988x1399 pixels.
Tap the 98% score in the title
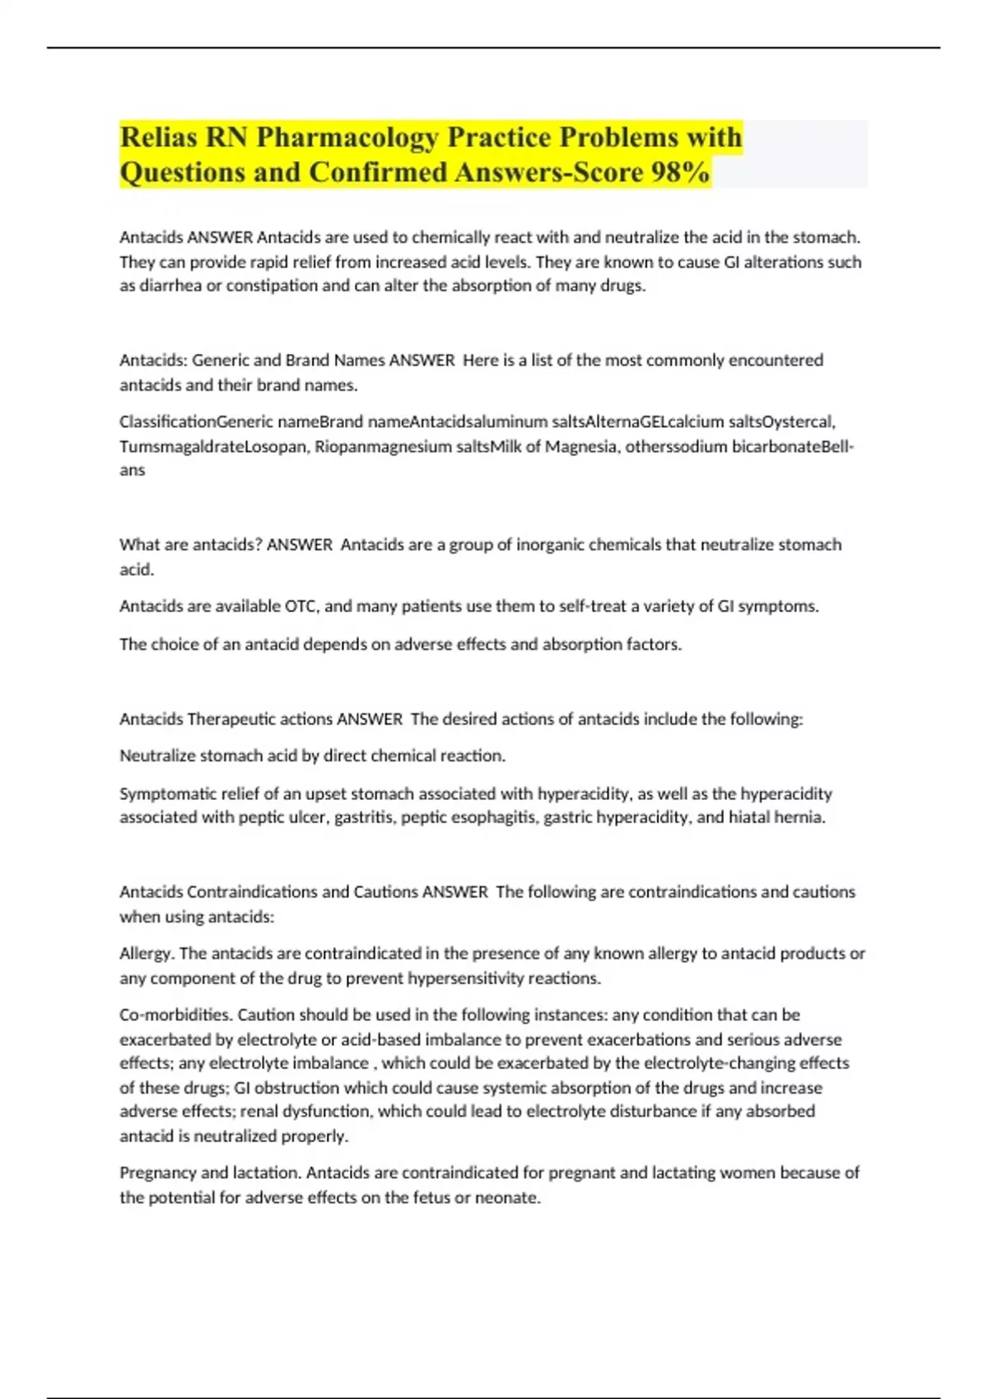click(x=679, y=172)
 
